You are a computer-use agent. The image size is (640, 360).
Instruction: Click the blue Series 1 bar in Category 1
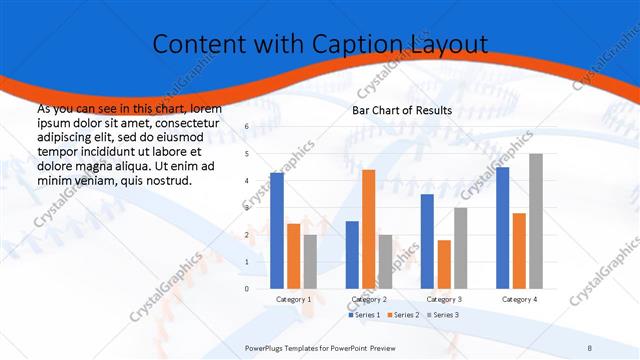pos(276,231)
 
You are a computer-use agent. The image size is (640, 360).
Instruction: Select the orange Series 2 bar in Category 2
pos(368,229)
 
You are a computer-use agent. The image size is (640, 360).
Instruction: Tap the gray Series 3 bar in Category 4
pos(536,221)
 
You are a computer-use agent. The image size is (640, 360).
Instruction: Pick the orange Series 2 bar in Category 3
pos(444,264)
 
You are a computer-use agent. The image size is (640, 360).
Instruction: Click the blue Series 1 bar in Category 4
pos(502,228)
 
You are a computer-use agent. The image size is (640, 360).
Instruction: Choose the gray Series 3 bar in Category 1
pos(310,262)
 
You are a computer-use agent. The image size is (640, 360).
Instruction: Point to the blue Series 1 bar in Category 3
pos(427,241)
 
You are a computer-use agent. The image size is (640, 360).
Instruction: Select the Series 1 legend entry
pos(364,315)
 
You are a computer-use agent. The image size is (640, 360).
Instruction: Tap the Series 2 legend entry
pos(402,315)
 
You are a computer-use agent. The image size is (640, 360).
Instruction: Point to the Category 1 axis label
pos(293,299)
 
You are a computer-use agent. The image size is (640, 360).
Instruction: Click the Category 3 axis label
pos(444,299)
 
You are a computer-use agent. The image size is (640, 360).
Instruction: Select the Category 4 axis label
pos(519,299)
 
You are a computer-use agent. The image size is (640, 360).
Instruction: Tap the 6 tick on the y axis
pos(247,127)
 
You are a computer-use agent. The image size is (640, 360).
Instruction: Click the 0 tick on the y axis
pos(247,289)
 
